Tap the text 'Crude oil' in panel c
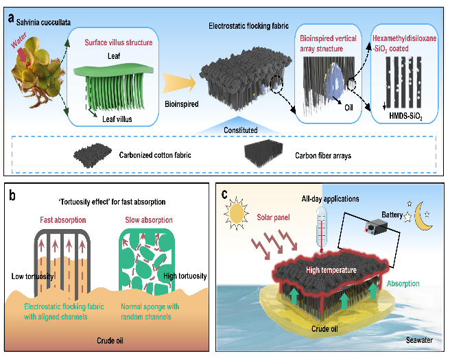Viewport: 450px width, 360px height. [325, 328]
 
